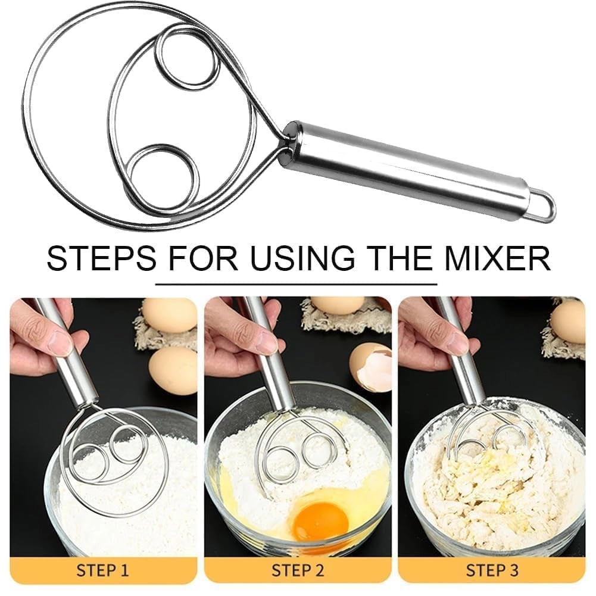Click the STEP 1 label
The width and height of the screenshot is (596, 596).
point(102,570)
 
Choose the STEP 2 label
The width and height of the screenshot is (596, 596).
point(298,570)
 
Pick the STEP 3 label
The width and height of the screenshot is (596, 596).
point(492,570)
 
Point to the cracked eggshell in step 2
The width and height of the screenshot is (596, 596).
point(370,366)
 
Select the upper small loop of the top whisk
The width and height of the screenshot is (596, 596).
point(186,58)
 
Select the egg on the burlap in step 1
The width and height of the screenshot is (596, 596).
point(168,315)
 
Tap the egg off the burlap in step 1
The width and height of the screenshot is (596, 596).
point(173,370)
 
